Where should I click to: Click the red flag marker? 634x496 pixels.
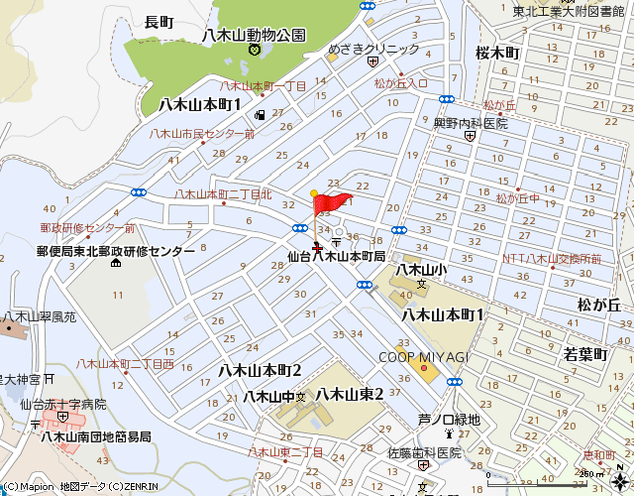[x=331, y=204]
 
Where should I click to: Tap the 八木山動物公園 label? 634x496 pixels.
[x=253, y=35]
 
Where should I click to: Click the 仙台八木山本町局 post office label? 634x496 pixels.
[x=336, y=255]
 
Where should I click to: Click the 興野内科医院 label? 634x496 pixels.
[x=470, y=123]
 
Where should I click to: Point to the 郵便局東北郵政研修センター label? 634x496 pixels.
[x=116, y=252]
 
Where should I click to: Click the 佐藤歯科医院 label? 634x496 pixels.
[x=424, y=452]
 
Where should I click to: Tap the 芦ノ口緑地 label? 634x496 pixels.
[x=449, y=420]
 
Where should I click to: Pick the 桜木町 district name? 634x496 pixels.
[x=497, y=52]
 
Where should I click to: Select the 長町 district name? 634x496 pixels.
[x=158, y=21]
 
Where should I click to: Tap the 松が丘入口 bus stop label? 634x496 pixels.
[x=401, y=83]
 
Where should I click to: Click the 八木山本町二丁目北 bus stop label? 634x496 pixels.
[x=223, y=194]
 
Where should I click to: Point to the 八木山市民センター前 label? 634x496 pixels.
[x=202, y=134]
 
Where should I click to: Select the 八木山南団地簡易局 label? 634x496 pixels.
[x=96, y=436]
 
